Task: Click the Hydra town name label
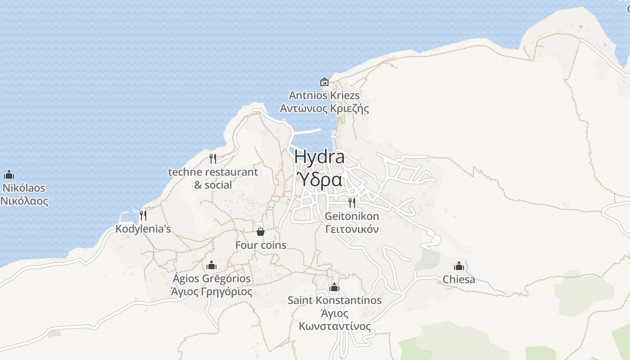pyautogui.click(x=319, y=157)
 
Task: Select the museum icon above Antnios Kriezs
pyautogui.click(x=324, y=82)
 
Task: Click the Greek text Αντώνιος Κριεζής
pyautogui.click(x=324, y=108)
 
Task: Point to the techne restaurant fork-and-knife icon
pyautogui.click(x=213, y=158)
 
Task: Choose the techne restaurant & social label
pyautogui.click(x=213, y=178)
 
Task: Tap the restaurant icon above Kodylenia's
pyautogui.click(x=143, y=215)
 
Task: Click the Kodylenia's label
pyautogui.click(x=143, y=229)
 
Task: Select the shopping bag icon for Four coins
pyautogui.click(x=260, y=232)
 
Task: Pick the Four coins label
pyautogui.click(x=261, y=245)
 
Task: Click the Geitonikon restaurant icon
pyautogui.click(x=352, y=202)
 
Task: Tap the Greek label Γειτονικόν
pyautogui.click(x=352, y=229)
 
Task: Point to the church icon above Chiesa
pyautogui.click(x=459, y=266)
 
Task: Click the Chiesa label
pyautogui.click(x=459, y=279)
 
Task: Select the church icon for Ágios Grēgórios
pyautogui.click(x=211, y=265)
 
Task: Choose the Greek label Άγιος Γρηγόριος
pyautogui.click(x=211, y=292)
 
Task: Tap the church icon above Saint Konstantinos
pyautogui.click(x=334, y=287)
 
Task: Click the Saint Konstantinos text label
pyautogui.click(x=334, y=300)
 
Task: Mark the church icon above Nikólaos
pyautogui.click(x=9, y=175)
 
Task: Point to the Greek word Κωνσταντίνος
pyautogui.click(x=335, y=326)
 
